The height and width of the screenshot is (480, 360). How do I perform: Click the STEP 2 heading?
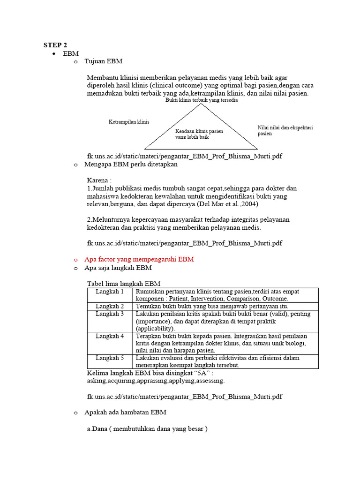[x=55, y=45]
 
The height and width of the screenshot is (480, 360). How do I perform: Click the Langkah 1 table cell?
[x=110, y=292]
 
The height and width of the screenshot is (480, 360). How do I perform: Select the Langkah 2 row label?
[x=110, y=306]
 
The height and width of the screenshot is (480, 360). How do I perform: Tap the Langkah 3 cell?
[x=110, y=314]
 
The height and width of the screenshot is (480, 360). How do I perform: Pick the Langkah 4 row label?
[x=110, y=336]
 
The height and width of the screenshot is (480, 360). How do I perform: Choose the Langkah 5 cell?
[x=110, y=358]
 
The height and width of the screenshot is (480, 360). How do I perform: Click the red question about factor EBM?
[x=139, y=259]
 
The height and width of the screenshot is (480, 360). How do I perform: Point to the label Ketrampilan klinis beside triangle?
[x=129, y=122]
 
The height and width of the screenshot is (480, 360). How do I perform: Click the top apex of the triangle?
[x=202, y=104]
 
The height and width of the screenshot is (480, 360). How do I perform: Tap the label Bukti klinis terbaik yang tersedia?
[x=202, y=100]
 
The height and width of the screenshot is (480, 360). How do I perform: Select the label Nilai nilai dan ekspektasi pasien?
[x=285, y=130]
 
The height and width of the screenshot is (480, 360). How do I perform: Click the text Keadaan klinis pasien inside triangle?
[x=199, y=131]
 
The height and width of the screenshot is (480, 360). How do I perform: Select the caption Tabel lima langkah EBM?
[x=124, y=284]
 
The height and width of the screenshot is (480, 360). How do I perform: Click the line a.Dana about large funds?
[x=147, y=428]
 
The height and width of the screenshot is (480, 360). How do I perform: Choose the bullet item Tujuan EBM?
[x=104, y=61]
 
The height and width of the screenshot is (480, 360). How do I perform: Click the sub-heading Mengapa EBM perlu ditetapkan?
[x=131, y=165]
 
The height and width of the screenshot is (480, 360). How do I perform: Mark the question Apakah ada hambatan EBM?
[x=125, y=412]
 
